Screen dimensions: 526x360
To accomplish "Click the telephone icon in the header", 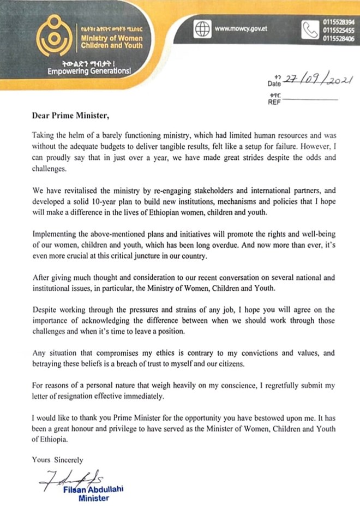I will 310,30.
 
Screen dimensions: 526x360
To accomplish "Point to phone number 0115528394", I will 338,21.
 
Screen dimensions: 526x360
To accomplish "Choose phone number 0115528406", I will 338,39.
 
